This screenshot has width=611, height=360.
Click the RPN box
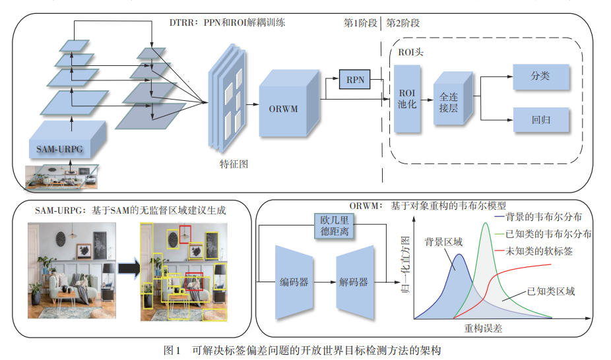355,80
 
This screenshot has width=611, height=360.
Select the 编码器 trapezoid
294,282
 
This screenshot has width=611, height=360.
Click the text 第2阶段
402,23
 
